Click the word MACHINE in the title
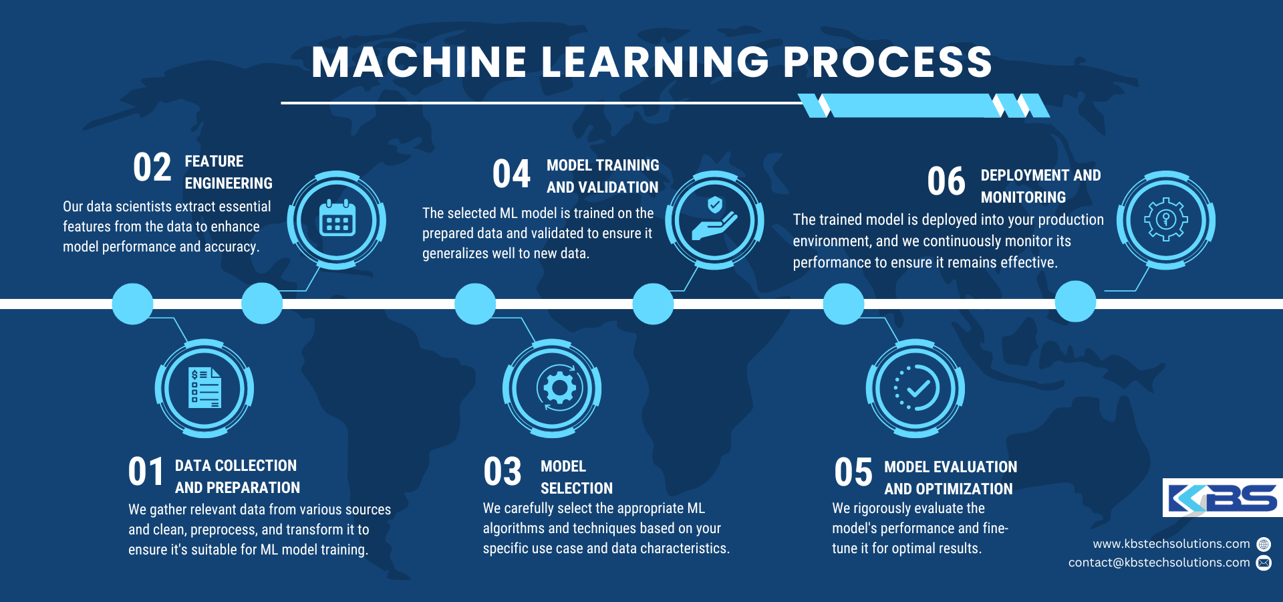point(419,62)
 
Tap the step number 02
point(152,167)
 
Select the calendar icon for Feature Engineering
point(337,219)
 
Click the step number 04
point(511,174)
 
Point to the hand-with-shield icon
point(714,219)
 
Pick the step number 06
point(946,182)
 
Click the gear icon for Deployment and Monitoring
point(1166,219)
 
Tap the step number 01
point(146,472)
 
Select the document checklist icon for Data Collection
point(204,388)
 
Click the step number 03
point(503,472)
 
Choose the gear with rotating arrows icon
point(559,388)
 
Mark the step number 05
point(853,472)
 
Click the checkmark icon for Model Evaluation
point(916,388)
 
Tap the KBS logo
point(1222,498)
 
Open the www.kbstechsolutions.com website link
point(1171,544)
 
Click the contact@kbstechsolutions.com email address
point(1159,563)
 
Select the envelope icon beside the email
point(1264,563)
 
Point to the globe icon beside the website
point(1264,544)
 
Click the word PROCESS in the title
point(887,62)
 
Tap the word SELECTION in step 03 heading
point(577,488)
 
